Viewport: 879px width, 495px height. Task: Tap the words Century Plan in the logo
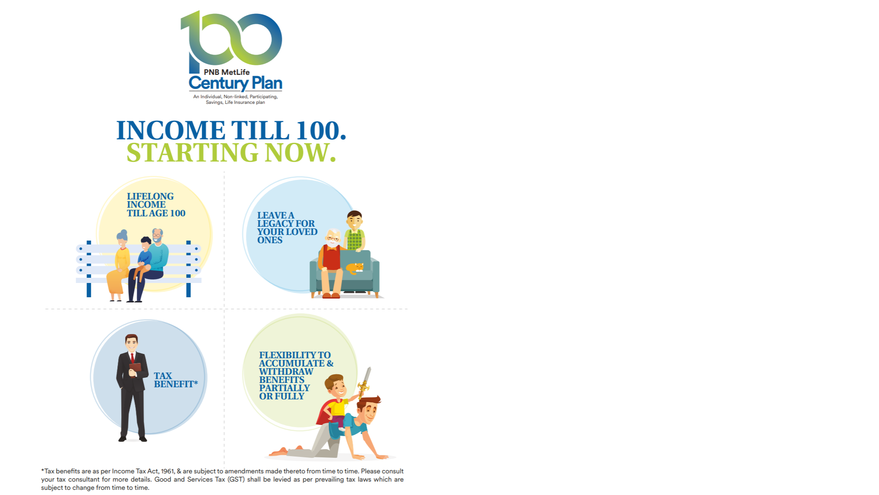(x=236, y=83)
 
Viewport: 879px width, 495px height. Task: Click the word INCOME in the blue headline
(x=171, y=130)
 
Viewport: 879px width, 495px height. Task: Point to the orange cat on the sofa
(x=355, y=268)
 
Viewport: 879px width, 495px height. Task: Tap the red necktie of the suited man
(x=133, y=358)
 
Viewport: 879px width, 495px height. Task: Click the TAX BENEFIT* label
(x=176, y=380)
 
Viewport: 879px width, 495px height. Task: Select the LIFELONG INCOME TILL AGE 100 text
(x=156, y=205)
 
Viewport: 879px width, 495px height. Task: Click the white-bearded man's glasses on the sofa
(x=333, y=238)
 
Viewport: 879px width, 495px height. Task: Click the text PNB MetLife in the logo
(x=226, y=72)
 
